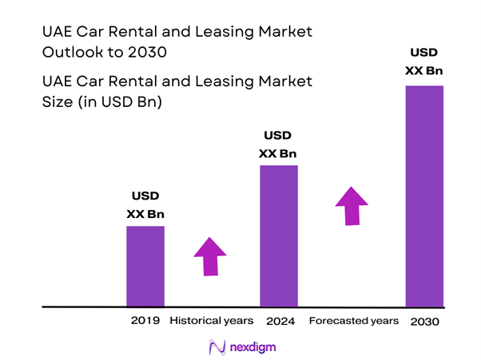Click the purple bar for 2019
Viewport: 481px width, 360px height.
pyautogui.click(x=145, y=266)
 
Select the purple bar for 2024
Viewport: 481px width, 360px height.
pyautogui.click(x=279, y=235)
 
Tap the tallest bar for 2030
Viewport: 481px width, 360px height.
pyautogui.click(x=424, y=196)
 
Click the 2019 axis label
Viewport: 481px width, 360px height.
pyautogui.click(x=145, y=321)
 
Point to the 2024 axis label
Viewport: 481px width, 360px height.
pyautogui.click(x=279, y=321)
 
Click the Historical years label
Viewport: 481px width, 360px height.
pyautogui.click(x=211, y=321)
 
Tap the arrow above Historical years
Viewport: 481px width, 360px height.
pyautogui.click(x=210, y=256)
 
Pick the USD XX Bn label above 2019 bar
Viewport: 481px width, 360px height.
pyautogui.click(x=145, y=204)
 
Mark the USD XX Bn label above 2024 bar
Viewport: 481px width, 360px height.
pyautogui.click(x=279, y=144)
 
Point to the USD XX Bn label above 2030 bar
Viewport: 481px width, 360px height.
pyautogui.click(x=423, y=62)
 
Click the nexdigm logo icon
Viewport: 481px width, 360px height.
pyautogui.click(x=217, y=347)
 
